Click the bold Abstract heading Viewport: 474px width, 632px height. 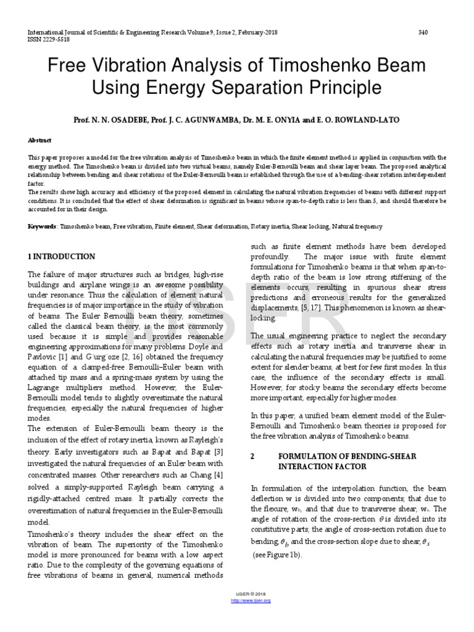pos(40,140)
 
